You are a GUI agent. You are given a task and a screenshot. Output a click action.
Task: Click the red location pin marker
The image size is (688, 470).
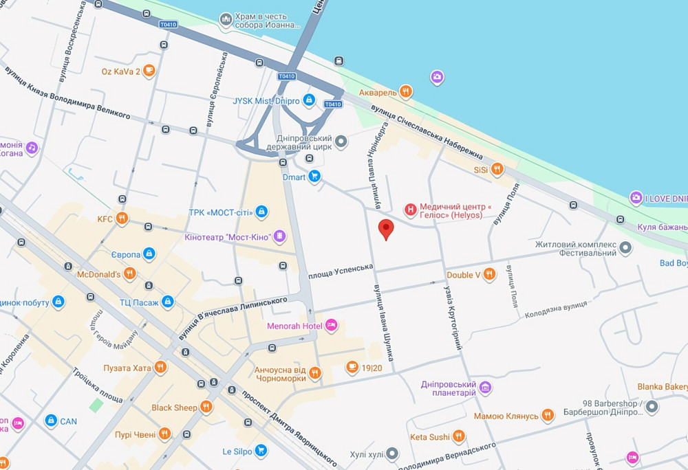click(x=387, y=230)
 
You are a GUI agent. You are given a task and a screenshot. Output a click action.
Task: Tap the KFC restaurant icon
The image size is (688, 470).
click(x=122, y=219)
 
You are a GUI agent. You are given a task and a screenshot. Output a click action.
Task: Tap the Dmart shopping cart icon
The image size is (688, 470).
click(x=314, y=177)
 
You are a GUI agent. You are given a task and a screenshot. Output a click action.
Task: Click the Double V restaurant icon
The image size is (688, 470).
click(x=489, y=275)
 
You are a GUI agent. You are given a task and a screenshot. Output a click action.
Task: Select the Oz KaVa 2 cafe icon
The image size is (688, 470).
click(x=149, y=71)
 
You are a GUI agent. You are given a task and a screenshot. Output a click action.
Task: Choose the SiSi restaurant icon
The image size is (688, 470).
click(x=497, y=169)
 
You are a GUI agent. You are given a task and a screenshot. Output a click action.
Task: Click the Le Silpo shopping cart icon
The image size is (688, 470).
click(x=260, y=451)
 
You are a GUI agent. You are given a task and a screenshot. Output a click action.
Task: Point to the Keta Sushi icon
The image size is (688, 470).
click(x=458, y=436)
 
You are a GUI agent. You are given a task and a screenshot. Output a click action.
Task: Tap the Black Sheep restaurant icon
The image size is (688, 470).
click(x=206, y=407)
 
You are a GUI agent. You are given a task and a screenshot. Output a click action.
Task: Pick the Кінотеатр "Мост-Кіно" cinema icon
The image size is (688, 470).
click(x=279, y=237)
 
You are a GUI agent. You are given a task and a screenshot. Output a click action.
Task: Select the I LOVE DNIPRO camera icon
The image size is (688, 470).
click(x=636, y=199)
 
